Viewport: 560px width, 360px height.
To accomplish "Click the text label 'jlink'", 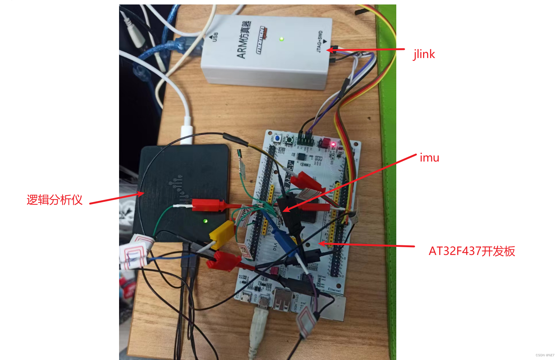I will coord(424,54).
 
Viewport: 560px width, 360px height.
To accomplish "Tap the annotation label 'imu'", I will coord(429,158).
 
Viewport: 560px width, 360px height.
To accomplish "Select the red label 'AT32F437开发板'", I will coord(472,251).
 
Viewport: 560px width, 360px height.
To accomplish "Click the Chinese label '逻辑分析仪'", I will coord(54,200).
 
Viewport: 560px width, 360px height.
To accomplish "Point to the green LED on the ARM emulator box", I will coord(282,39).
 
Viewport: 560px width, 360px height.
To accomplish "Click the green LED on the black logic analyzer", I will coord(205,221).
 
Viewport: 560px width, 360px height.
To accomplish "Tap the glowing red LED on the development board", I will coord(333,144).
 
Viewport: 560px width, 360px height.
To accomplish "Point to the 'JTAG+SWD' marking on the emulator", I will coord(320,41).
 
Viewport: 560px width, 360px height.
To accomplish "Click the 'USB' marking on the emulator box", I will coord(215,37).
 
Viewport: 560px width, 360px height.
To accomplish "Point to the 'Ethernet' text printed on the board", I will coord(334,290).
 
